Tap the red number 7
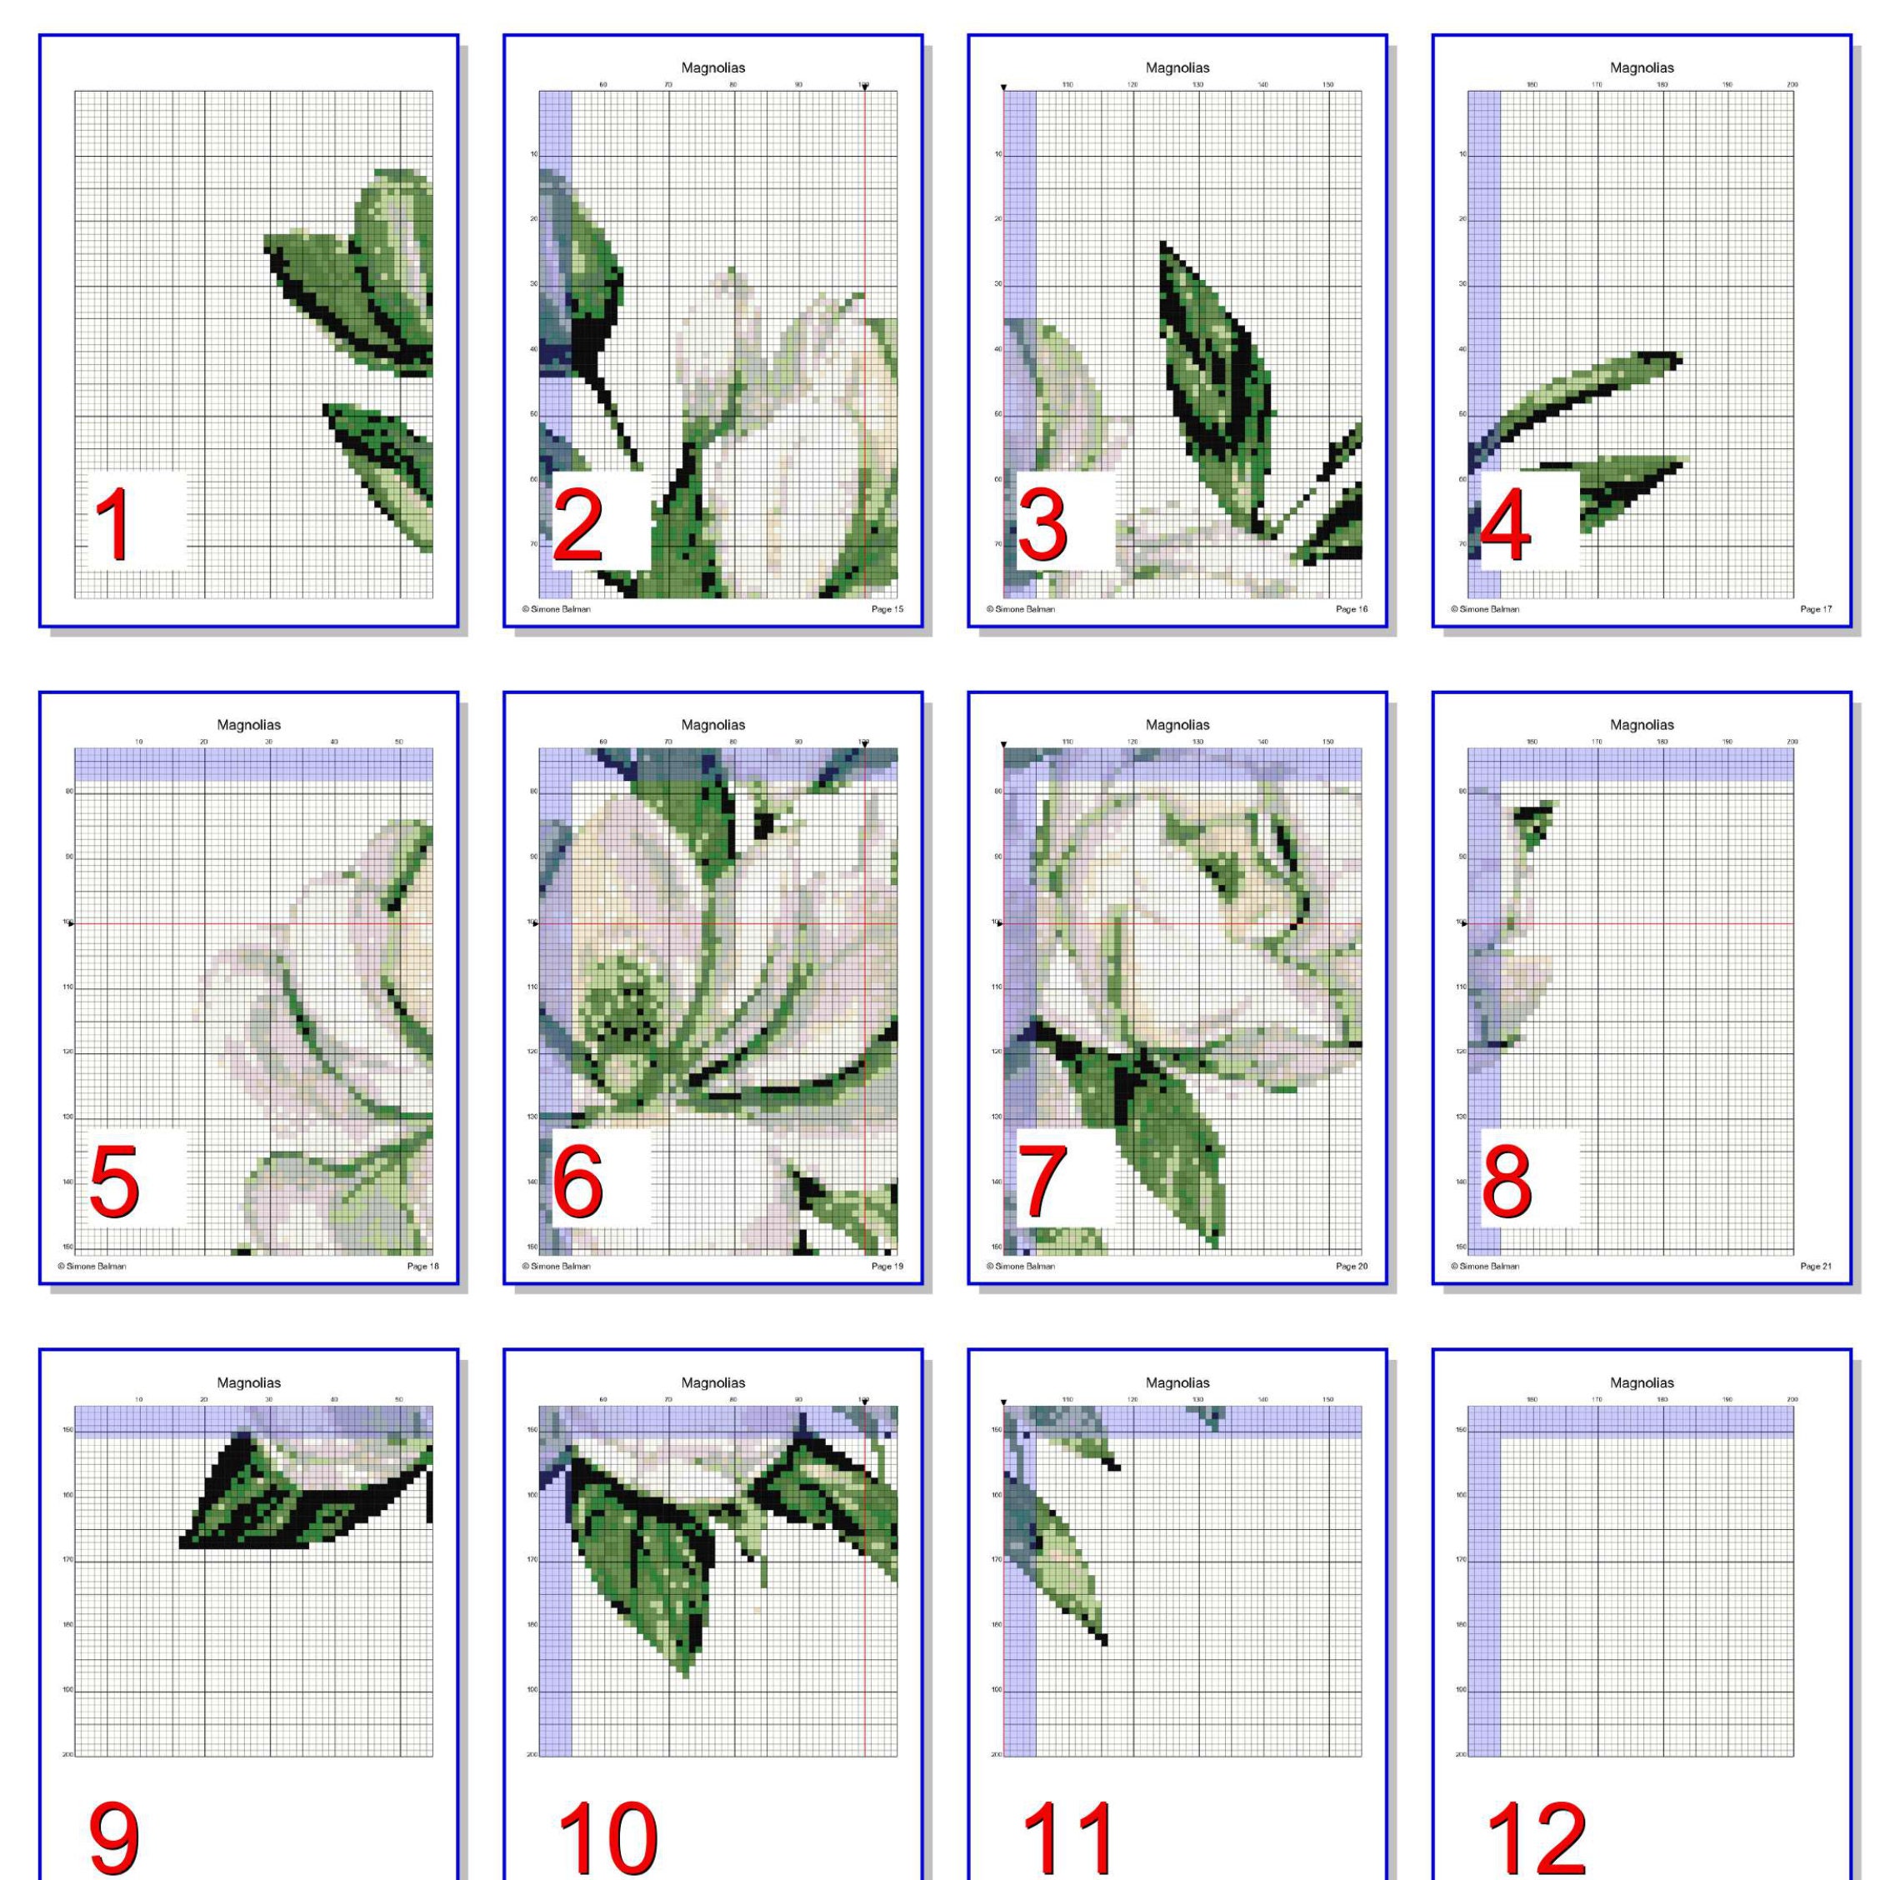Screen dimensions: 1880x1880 [1042, 1182]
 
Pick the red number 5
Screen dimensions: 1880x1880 [114, 1182]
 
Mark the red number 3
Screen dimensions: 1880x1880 [1042, 526]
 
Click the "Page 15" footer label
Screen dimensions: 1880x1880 [887, 609]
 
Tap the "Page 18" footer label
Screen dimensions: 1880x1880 [422, 1266]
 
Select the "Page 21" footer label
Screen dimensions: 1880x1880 [1816, 1266]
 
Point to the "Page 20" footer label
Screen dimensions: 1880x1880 [1352, 1266]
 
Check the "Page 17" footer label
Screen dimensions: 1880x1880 [1816, 609]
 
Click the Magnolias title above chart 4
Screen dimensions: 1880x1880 [1642, 68]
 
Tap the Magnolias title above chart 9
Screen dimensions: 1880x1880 [248, 1382]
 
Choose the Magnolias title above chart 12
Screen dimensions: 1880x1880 [1642, 1382]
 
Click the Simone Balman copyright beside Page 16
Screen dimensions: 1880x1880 [1021, 609]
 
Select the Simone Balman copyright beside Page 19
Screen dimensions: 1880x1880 [557, 1266]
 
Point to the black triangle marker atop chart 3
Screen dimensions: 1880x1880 [1004, 88]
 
